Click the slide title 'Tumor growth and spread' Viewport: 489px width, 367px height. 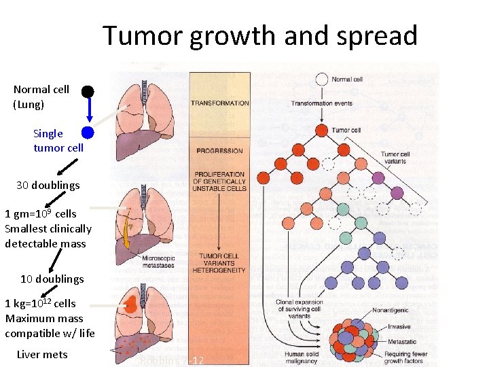(260, 35)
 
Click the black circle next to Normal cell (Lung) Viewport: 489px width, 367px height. (88, 91)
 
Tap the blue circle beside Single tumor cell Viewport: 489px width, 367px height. (88, 133)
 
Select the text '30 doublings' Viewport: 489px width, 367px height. (48, 185)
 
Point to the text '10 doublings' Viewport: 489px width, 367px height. (52, 279)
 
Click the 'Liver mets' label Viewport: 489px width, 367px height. (41, 354)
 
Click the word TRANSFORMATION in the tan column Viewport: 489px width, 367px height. (219, 103)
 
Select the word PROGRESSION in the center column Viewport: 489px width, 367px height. (219, 151)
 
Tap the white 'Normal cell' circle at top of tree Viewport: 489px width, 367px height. (322, 80)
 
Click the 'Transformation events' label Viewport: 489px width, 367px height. (322, 103)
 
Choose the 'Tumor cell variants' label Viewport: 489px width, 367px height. (395, 158)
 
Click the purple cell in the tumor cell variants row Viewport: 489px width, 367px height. (397, 193)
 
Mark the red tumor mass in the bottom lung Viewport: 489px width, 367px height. (130, 304)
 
